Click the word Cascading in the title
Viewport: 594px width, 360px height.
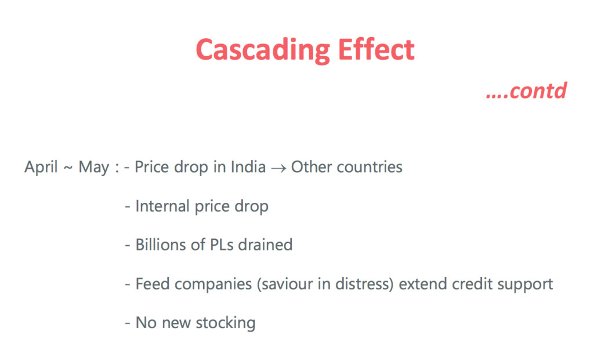pos(263,50)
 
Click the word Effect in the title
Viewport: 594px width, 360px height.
pos(376,49)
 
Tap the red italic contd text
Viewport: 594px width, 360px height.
pos(526,91)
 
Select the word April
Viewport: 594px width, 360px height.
pos(41,168)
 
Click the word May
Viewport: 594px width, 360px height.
pos(93,168)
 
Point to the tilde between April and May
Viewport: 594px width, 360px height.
pos(68,168)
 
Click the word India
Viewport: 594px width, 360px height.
pos(248,166)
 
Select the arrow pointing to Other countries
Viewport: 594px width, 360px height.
pos(278,168)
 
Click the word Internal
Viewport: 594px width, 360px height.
pos(162,206)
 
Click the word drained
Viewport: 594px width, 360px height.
pos(265,245)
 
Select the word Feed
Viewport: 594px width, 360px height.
pos(153,284)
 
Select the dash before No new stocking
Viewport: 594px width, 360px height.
pos(128,323)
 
